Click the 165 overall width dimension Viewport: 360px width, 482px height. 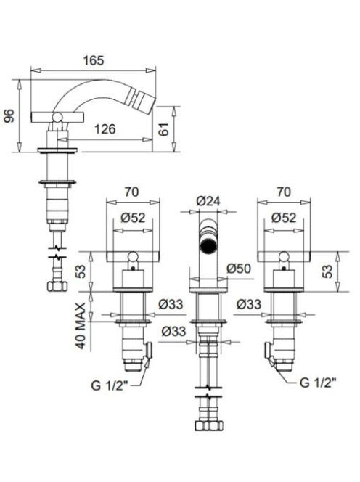pyautogui.click(x=94, y=60)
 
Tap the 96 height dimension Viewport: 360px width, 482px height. pyautogui.click(x=10, y=116)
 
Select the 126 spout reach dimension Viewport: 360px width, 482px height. pyautogui.click(x=105, y=129)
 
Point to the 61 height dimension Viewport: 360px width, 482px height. pyautogui.click(x=164, y=129)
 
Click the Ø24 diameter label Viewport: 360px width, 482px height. pyautogui.click(x=208, y=201)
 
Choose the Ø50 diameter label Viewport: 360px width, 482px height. pyautogui.click(x=239, y=269)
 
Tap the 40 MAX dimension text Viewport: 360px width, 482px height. pyautogui.click(x=81, y=326)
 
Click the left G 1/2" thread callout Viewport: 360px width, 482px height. pyautogui.click(x=109, y=385)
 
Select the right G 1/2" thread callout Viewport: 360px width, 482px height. pyautogui.click(x=318, y=383)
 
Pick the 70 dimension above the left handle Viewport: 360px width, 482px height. pyautogui.click(x=131, y=192)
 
